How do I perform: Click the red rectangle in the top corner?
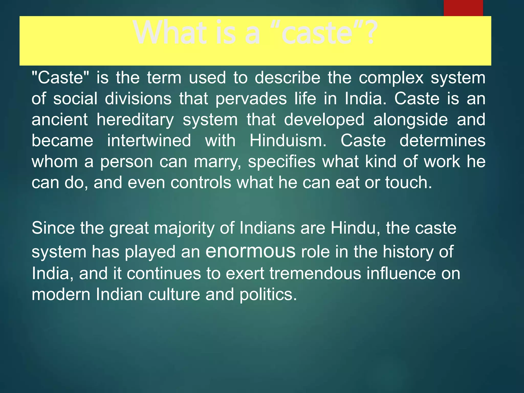(463, 8)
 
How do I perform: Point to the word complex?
(391, 78)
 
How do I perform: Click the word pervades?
(251, 99)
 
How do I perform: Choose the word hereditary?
(135, 120)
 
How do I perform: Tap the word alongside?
(410, 120)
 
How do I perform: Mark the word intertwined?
(149, 141)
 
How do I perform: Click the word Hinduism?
(288, 141)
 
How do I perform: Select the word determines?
(442, 141)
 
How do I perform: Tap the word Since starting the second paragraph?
(53, 228)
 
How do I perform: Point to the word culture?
(174, 294)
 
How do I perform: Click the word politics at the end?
(268, 294)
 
